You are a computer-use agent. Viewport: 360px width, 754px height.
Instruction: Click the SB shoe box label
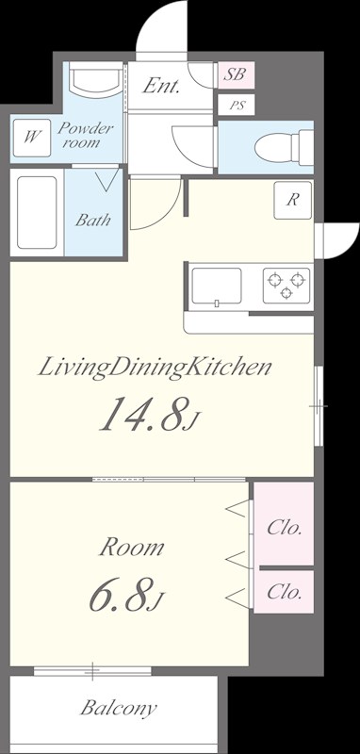[236, 74]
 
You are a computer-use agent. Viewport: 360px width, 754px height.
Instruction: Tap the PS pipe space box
[236, 105]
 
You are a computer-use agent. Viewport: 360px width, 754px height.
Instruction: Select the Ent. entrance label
[161, 86]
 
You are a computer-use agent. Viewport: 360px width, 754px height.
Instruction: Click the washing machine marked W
[32, 138]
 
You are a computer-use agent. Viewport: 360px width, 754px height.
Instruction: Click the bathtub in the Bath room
[37, 212]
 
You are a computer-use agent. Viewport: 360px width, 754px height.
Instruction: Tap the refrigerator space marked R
[293, 201]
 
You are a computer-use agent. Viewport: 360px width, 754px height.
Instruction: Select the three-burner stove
[286, 286]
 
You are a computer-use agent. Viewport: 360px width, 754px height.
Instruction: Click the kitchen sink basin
[217, 287]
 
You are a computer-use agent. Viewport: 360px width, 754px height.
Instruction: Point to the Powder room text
[86, 135]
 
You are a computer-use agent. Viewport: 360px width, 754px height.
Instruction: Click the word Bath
[92, 221]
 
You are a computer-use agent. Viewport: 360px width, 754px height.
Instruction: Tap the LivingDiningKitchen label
[155, 369]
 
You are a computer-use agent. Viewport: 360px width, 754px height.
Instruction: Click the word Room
[132, 548]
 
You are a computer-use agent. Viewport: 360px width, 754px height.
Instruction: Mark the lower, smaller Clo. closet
[284, 592]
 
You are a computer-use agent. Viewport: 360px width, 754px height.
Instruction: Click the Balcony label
[118, 708]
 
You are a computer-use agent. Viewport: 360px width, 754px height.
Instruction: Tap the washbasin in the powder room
[95, 79]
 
